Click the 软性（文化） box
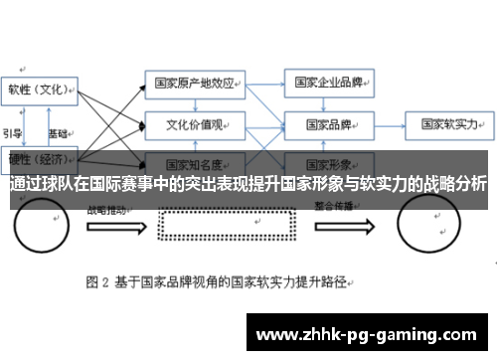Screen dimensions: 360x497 (39, 90)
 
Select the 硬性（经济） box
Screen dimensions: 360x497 (39, 158)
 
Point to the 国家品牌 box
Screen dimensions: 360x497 (327, 125)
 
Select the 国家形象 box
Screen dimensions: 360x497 (327, 162)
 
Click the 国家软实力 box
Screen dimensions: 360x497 (448, 125)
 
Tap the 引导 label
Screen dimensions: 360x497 (12, 132)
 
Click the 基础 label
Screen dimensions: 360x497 (58, 132)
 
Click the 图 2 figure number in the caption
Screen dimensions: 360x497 (98, 280)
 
